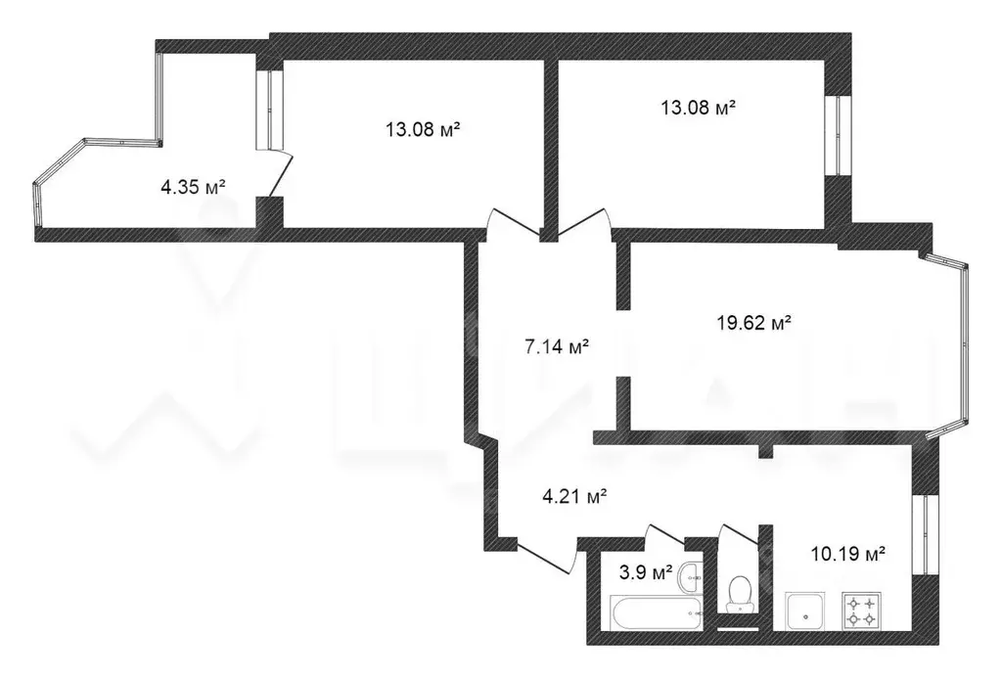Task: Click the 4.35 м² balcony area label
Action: (194, 186)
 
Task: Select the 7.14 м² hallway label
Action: (557, 346)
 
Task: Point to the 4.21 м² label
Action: (575, 497)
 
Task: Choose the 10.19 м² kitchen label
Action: (847, 554)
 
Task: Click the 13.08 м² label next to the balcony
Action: (423, 128)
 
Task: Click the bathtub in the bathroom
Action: (656, 614)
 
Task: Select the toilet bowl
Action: (740, 592)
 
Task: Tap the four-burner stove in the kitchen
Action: (863, 611)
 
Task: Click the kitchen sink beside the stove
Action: (808, 611)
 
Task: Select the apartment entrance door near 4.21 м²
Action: (544, 558)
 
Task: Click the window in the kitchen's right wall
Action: (921, 533)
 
